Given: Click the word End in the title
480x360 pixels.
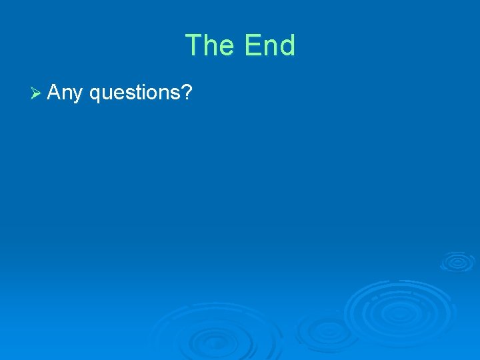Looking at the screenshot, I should point(269,46).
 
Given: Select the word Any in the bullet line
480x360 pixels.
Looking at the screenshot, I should point(65,93).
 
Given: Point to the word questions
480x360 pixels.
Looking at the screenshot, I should point(135,93).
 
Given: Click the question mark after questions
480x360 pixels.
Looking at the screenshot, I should point(187,92).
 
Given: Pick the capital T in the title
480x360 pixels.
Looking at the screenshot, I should point(194,46).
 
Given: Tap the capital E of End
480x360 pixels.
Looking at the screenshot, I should point(253,46).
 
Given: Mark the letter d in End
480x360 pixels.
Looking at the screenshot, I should point(287,46).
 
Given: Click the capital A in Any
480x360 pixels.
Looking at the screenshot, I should point(55,92).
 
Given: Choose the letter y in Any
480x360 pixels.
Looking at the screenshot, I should point(77,95).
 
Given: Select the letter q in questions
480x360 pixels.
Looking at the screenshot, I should point(95,95).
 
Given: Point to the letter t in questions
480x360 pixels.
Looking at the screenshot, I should point(137,93).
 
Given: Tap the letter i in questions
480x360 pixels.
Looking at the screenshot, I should point(143,92).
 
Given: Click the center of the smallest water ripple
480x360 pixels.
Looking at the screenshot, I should point(457,261).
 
